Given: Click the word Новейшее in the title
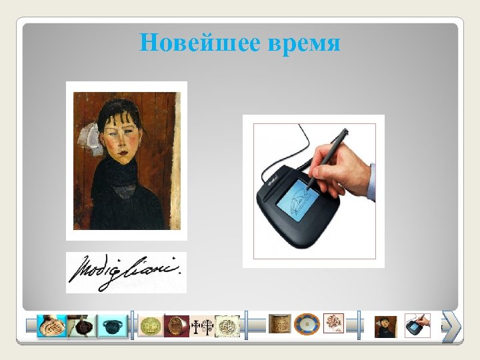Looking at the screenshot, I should tap(200, 43).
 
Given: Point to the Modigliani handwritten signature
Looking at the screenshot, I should tap(126, 273).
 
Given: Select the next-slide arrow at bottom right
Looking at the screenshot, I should tap(451, 327).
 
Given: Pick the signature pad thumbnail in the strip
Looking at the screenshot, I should tap(417, 326).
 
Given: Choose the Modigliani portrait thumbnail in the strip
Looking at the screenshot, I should tap(385, 326).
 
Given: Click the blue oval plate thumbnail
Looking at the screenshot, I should tap(306, 325).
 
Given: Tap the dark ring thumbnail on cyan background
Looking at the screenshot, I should tap(111, 326).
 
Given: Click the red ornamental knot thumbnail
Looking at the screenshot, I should tap(333, 324).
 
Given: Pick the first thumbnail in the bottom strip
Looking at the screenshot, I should tap(51, 326).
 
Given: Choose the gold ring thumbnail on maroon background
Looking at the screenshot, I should tap(176, 326).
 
